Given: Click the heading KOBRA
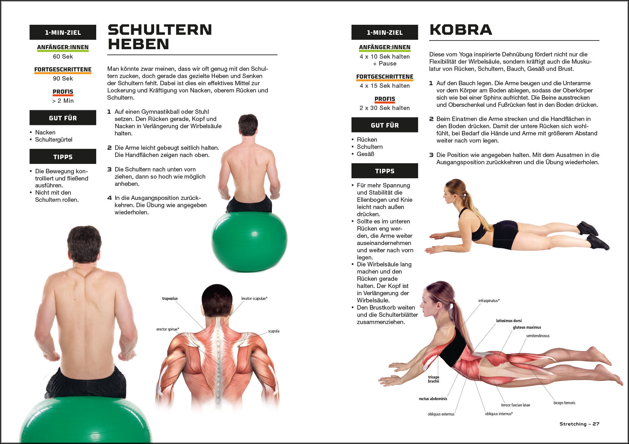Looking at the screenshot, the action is [460, 30].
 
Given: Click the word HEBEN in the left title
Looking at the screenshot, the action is [138, 44].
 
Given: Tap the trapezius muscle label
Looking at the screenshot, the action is [170, 299].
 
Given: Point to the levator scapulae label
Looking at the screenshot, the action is [254, 299].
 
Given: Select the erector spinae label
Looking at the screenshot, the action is [168, 329].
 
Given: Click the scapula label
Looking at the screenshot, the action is [274, 331].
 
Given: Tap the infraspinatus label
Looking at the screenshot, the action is [489, 301].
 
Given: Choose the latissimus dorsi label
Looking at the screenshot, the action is [509, 321].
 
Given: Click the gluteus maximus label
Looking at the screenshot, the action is [527, 327].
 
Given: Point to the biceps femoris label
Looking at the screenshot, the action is [564, 403].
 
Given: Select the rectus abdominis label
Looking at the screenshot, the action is [433, 399].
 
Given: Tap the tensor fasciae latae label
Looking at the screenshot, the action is [515, 405].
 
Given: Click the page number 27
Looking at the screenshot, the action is [596, 424].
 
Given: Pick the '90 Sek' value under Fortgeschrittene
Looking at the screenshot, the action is [63, 79].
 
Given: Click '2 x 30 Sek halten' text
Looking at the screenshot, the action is [385, 108].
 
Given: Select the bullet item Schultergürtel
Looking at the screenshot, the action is [54, 140].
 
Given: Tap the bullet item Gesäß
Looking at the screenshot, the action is [365, 154].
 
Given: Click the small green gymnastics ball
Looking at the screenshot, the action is [249, 241].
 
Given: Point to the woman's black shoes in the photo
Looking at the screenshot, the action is [593, 235].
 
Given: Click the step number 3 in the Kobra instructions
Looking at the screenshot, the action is [431, 155].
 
